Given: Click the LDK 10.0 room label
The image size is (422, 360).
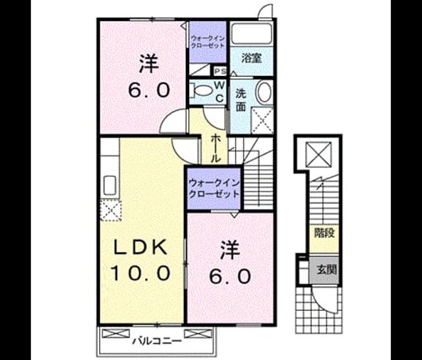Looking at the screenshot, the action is tap(140, 260).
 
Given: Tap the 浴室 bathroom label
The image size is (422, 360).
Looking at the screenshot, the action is tap(251, 58).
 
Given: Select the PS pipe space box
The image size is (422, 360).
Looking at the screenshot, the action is tap(221, 71).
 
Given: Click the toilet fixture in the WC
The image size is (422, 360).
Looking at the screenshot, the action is tap(201, 90).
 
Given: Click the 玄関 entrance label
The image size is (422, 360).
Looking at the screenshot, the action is tap(326, 269).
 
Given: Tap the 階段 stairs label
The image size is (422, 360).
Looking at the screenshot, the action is tap(325, 233).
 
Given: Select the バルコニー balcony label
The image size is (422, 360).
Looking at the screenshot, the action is tap(157, 342).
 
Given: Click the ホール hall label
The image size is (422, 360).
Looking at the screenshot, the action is tap(216, 148).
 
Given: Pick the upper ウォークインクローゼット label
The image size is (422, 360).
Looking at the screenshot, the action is tap(208, 42).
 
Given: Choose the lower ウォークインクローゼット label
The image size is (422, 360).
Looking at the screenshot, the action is tap(214, 189).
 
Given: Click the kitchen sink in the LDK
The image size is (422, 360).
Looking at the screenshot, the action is tap(110, 185).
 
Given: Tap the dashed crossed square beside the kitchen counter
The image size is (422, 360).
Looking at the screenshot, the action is tap(111, 210).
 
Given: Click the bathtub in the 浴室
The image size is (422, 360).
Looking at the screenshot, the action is tap(251, 34).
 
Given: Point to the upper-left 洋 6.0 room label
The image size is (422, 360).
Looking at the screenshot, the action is tap(149, 77).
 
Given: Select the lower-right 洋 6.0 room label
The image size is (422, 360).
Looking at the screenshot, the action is tap(230, 262).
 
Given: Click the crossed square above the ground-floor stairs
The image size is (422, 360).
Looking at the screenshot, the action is tap(319, 154).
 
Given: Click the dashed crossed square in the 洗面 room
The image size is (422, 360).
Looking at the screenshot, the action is tap(262, 120).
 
